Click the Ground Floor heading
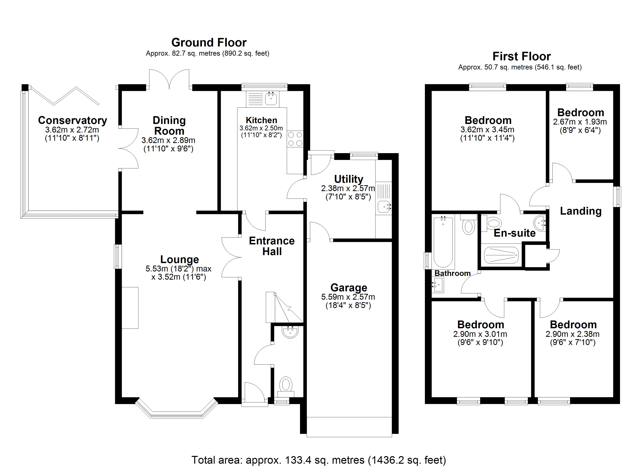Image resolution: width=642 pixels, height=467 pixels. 209,42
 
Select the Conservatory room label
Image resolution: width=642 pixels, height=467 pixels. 72,120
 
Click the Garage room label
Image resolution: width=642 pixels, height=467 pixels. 349,288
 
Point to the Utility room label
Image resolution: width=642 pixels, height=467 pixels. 348,179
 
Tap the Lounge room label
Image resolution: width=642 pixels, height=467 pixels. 179,259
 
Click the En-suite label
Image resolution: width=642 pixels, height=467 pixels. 515,233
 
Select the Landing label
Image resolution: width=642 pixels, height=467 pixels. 581,211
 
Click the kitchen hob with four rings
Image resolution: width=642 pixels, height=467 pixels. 295,139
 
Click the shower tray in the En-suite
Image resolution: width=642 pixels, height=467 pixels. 501,255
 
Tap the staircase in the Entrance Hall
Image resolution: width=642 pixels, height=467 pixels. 284,307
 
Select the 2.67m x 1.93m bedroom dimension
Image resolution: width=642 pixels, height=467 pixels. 580,122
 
